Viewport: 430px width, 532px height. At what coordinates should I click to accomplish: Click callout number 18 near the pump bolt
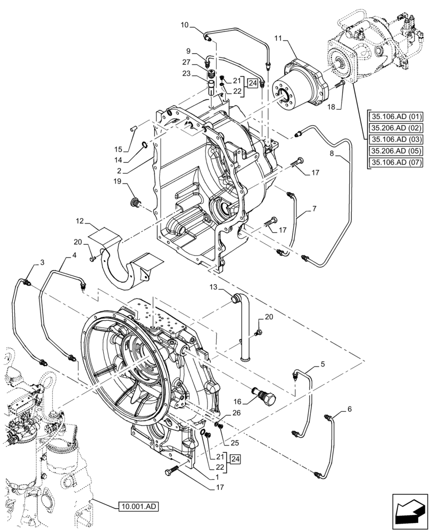[331, 107]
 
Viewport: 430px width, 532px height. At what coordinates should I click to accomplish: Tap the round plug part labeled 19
[136, 202]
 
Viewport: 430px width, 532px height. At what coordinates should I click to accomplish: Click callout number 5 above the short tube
[322, 364]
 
